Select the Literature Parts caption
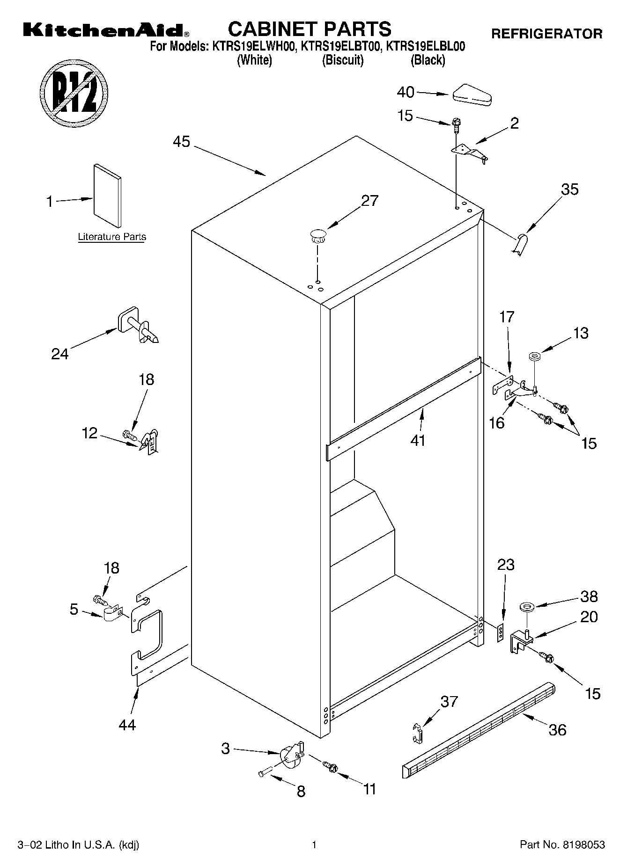click(112, 237)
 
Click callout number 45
click(182, 141)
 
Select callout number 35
click(570, 189)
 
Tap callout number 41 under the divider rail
click(418, 440)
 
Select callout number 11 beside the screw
click(370, 789)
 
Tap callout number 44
click(127, 725)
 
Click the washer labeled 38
click(526, 608)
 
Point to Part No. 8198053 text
click(562, 845)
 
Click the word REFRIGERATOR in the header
click(546, 34)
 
